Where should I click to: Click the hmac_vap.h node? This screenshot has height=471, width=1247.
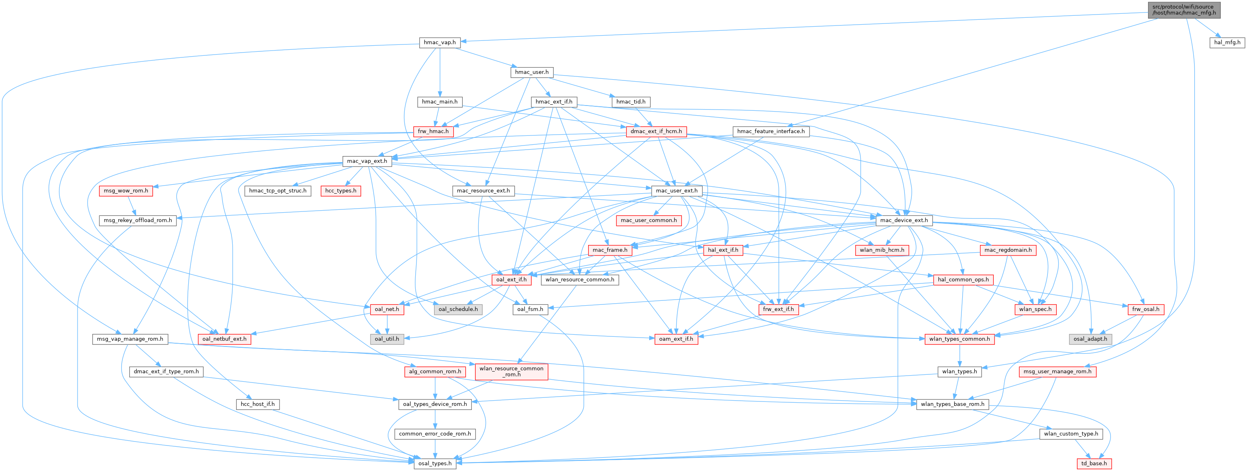point(439,42)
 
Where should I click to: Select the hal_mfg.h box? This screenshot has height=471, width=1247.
point(1227,42)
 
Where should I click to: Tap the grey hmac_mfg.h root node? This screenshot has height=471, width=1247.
point(1183,10)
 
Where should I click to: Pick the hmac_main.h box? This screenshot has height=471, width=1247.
point(439,102)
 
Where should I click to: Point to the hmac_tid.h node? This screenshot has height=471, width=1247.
point(631,102)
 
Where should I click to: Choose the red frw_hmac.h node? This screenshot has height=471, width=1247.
point(433,131)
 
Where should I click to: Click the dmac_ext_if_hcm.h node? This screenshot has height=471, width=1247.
point(656,131)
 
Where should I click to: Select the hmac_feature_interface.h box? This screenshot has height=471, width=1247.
point(771,131)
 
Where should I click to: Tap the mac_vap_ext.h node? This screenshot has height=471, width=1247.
point(367,161)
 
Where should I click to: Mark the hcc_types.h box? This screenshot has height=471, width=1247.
point(341,190)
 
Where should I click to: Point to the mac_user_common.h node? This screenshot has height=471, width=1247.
point(649,220)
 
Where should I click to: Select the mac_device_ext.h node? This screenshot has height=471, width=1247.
point(904,220)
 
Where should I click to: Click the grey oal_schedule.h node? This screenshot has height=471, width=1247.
point(458,309)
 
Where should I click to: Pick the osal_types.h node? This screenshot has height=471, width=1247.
point(435,463)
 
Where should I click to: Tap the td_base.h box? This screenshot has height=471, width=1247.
point(1094,463)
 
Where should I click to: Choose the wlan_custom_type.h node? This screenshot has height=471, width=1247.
point(1071,434)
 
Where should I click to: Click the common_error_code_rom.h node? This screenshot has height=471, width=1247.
point(435,434)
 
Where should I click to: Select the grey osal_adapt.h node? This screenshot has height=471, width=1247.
point(1090,339)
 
